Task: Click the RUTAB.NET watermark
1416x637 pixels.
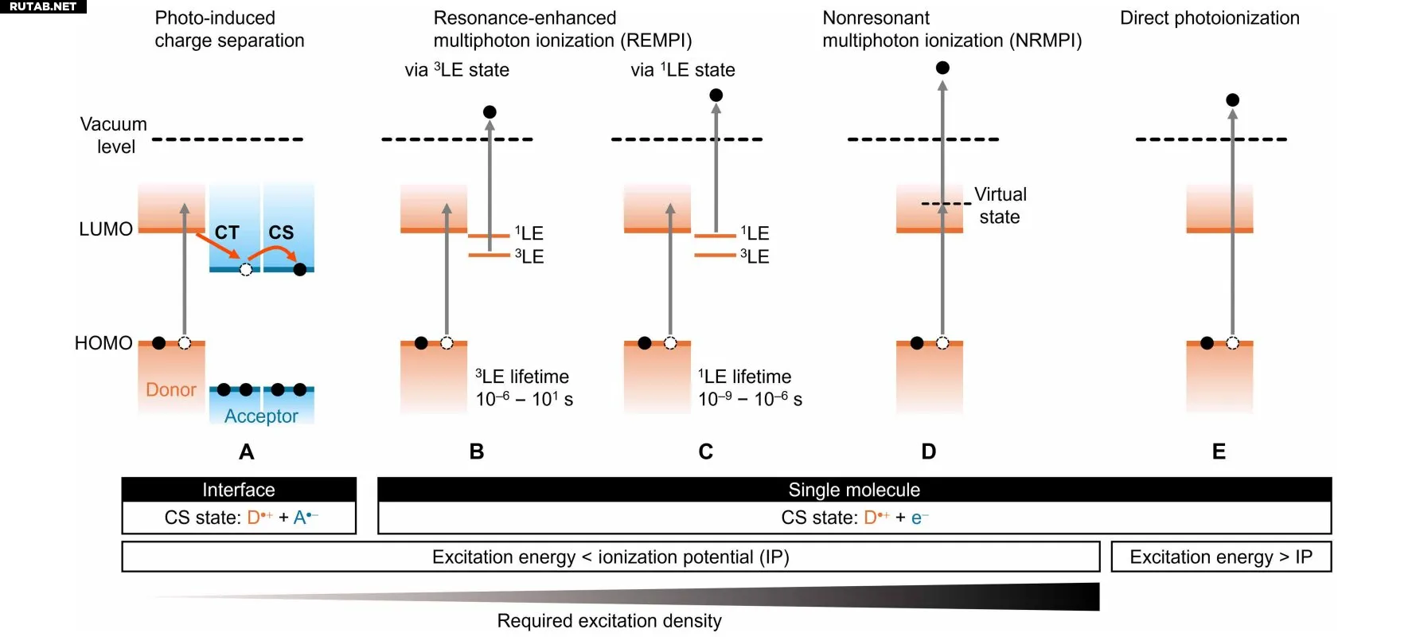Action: (x=43, y=6)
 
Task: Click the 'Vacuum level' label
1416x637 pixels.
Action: (x=114, y=135)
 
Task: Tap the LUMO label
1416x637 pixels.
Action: (x=106, y=229)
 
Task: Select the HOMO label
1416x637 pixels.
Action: (x=103, y=343)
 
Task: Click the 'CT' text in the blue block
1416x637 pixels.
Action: (x=227, y=233)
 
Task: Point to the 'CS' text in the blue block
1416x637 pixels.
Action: (x=281, y=233)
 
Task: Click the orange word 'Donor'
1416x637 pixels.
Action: (x=171, y=389)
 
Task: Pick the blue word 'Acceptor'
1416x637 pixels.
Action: (x=261, y=416)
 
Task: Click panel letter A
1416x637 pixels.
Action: (x=247, y=451)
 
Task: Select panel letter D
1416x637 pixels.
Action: (x=928, y=451)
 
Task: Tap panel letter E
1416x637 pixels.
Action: (x=1219, y=451)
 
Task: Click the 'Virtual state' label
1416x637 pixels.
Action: (x=1000, y=205)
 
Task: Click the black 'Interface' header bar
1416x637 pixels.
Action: (x=239, y=490)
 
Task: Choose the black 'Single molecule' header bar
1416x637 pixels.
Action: (x=854, y=490)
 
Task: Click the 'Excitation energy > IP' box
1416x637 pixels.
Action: (x=1221, y=557)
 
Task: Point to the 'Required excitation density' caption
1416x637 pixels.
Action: (x=609, y=621)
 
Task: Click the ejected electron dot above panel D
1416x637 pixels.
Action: (x=942, y=68)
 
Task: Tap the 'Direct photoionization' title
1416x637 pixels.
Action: (x=1209, y=18)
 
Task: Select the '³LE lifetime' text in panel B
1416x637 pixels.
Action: (x=522, y=377)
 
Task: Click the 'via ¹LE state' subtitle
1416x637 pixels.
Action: (x=682, y=70)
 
